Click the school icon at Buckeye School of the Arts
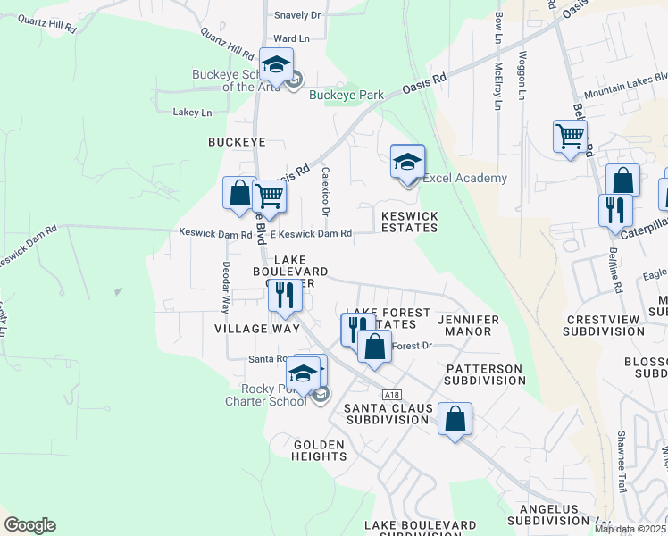click(277, 65)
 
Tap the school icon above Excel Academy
click(407, 163)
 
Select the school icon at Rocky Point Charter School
click(304, 374)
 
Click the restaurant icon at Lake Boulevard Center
click(284, 296)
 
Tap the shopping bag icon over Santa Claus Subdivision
click(455, 419)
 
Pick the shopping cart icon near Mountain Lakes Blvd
click(570, 138)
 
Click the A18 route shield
click(389, 393)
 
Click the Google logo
click(29, 525)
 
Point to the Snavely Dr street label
click(297, 15)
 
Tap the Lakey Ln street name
click(193, 113)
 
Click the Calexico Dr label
click(326, 190)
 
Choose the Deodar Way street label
click(224, 287)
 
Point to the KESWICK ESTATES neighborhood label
click(410, 222)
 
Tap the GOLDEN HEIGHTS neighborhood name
click(319, 450)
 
